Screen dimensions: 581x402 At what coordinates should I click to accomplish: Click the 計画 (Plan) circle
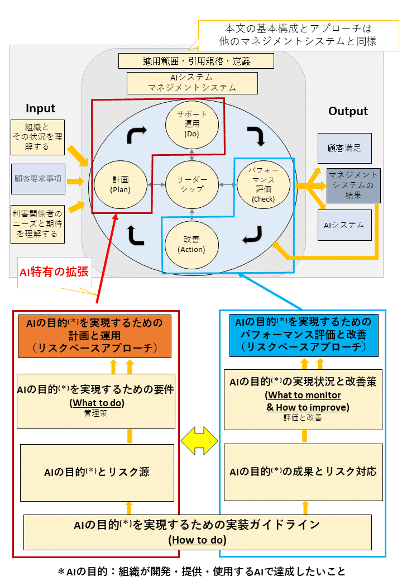coord(121,184)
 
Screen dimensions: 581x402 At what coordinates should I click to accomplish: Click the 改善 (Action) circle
coord(192,245)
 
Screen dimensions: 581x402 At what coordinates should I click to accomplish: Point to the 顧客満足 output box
coord(344,148)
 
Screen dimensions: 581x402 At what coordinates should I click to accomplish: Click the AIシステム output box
coord(344,225)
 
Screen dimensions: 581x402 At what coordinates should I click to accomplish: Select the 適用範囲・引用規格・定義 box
coord(196,61)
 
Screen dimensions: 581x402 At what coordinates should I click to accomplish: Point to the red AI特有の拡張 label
coord(54,272)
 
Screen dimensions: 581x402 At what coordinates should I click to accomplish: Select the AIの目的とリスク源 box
coord(97,472)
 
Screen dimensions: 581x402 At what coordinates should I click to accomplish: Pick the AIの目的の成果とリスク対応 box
coord(303,472)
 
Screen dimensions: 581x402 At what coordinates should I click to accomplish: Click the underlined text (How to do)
coord(197,540)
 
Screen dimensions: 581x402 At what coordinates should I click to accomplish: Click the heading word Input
coord(41,108)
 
